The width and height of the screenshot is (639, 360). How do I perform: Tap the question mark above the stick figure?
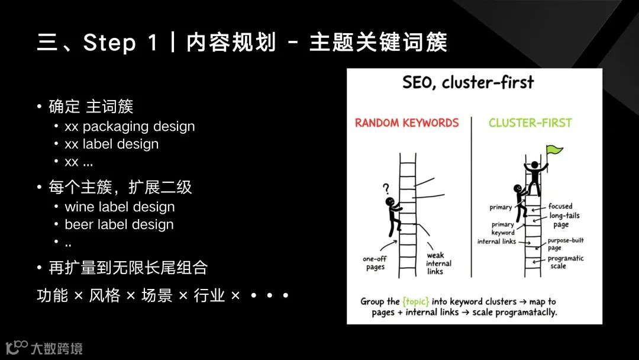pos(386,189)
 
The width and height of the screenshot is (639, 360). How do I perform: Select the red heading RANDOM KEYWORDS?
pos(406,123)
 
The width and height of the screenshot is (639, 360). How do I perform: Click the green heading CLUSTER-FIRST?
pos(530,123)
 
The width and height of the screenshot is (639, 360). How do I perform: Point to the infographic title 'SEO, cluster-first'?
pos(468,82)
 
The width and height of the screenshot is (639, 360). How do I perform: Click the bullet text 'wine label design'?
pos(120,207)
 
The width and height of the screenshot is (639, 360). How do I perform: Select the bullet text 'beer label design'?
pos(119,225)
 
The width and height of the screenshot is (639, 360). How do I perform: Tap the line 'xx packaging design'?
pos(130,126)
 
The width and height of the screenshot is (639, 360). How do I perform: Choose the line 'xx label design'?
pos(111,144)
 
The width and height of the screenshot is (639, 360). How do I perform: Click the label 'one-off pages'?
pos(375,263)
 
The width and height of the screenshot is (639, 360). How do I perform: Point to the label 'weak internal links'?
pos(439,263)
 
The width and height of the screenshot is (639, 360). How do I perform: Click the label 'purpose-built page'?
pos(565,244)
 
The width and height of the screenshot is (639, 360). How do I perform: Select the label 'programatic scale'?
pos(565,262)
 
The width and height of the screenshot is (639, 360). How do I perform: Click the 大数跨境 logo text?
pos(56,348)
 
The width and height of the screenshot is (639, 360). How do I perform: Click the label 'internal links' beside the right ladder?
pos(496,242)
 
